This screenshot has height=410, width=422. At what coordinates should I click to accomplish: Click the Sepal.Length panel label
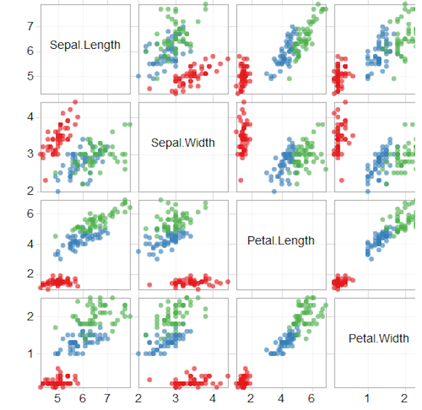tap(85, 45)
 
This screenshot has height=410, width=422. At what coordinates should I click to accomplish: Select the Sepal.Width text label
tap(183, 143)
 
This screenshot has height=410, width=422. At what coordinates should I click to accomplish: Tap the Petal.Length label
tap(281, 241)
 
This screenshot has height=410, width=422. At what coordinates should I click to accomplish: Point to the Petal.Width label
tap(379, 338)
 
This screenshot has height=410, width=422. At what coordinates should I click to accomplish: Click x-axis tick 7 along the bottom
tap(107, 399)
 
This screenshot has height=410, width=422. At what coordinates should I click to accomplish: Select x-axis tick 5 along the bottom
tap(57, 399)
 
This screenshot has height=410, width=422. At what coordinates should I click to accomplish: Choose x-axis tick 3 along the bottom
tap(175, 399)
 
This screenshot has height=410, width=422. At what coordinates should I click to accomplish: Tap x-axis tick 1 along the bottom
tap(367, 399)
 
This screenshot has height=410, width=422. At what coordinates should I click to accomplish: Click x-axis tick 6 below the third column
tap(311, 399)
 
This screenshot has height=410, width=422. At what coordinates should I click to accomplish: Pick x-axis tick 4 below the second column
tap(213, 399)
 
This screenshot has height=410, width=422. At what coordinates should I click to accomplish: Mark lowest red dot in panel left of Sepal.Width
tap(46, 180)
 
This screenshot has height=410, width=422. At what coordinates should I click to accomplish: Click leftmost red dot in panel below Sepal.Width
tap(149, 285)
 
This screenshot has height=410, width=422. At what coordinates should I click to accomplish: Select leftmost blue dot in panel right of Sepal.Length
tap(139, 77)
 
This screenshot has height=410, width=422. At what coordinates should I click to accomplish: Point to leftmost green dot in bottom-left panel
tap(55, 328)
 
